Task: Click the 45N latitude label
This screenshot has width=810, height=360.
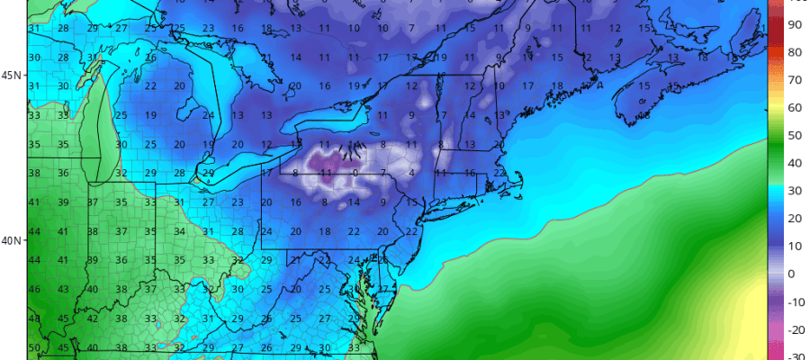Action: [x=12, y=75]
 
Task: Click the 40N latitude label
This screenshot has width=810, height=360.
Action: [x=12, y=240]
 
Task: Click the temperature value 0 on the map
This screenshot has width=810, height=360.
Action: [x=356, y=172]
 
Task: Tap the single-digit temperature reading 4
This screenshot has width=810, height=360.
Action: [x=411, y=172]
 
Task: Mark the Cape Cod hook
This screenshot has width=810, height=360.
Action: [x=520, y=180]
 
